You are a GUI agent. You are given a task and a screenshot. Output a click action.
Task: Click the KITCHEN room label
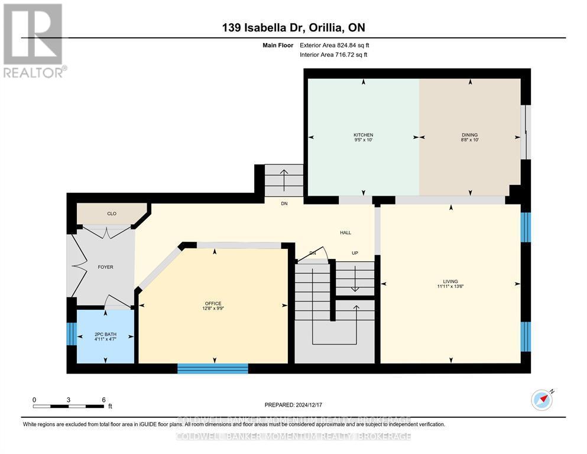tap(363, 135)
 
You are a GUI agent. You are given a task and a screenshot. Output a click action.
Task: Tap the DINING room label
tap(469, 135)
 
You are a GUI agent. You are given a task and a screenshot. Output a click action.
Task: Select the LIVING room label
tap(450, 281)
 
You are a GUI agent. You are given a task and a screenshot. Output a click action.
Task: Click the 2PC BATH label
tap(105, 333)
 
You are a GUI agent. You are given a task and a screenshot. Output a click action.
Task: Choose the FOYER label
tap(105, 267)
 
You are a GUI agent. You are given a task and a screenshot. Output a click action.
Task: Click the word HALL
tap(346, 233)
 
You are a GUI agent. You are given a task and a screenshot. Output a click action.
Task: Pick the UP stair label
tap(355, 253)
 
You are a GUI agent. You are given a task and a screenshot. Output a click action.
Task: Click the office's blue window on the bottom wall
tap(213, 368)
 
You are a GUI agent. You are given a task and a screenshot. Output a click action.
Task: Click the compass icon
tap(542, 400)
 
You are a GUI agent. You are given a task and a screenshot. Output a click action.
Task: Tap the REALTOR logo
tap(34, 40)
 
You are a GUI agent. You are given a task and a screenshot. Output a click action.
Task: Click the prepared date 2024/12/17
tap(293, 405)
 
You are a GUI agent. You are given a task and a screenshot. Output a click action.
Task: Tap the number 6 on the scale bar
tap(103, 400)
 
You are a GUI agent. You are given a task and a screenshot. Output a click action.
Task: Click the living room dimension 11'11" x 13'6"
tap(450, 287)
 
